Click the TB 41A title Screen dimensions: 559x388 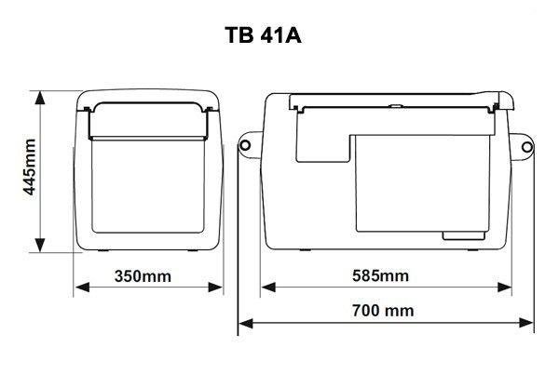[263, 35]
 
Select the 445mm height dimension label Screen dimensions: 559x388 [30, 167]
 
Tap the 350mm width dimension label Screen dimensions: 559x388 [143, 276]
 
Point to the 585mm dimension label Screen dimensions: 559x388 [380, 275]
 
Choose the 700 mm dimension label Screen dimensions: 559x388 [383, 311]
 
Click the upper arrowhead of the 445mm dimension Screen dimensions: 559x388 [40, 98]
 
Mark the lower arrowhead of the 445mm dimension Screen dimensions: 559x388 [40, 246]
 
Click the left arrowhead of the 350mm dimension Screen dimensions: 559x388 [82, 287]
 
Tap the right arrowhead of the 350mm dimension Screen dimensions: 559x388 [215, 287]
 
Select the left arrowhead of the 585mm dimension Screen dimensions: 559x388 [269, 287]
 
